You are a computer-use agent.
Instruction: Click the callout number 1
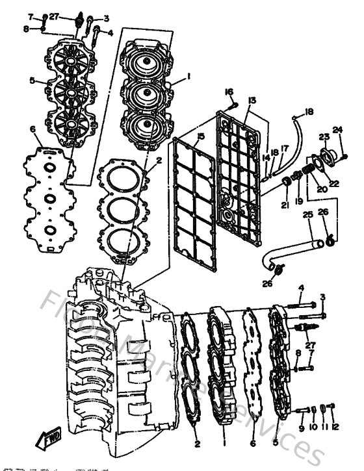[x=188, y=76]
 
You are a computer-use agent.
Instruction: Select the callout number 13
[x=252, y=101]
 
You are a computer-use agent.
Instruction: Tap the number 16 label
[x=229, y=92]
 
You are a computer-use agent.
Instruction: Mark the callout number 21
[x=285, y=205]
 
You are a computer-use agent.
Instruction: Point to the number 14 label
[x=266, y=158]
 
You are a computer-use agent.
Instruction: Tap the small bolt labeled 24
[x=344, y=156]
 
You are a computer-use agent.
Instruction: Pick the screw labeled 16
[x=233, y=104]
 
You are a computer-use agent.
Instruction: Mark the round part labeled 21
[x=285, y=187]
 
